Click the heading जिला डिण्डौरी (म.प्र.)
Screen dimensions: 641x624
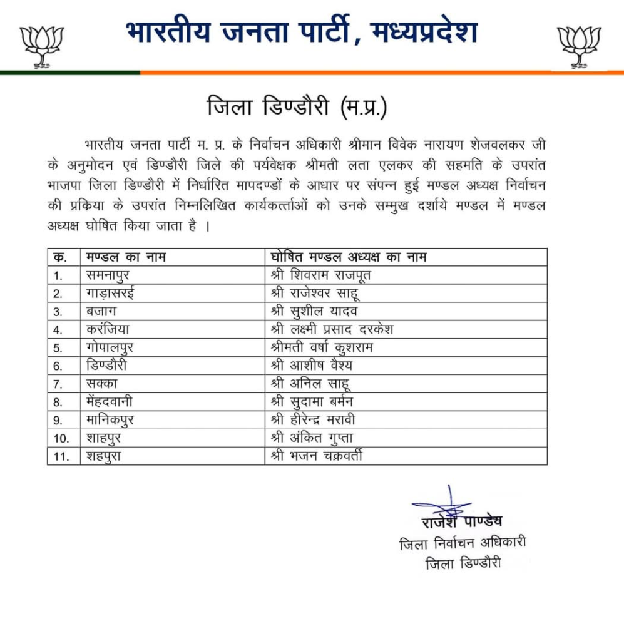tap(297, 108)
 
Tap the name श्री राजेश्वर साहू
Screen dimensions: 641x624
tap(315, 293)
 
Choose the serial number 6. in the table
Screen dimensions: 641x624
tap(58, 366)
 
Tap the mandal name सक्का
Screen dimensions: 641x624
tap(100, 384)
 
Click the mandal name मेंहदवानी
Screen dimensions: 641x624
tap(111, 402)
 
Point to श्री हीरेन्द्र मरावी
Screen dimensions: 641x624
tap(318, 419)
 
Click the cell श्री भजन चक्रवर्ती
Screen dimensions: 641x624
tap(317, 456)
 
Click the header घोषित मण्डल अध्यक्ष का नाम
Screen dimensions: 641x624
tap(349, 257)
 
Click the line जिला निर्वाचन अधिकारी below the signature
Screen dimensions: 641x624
tap(463, 543)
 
